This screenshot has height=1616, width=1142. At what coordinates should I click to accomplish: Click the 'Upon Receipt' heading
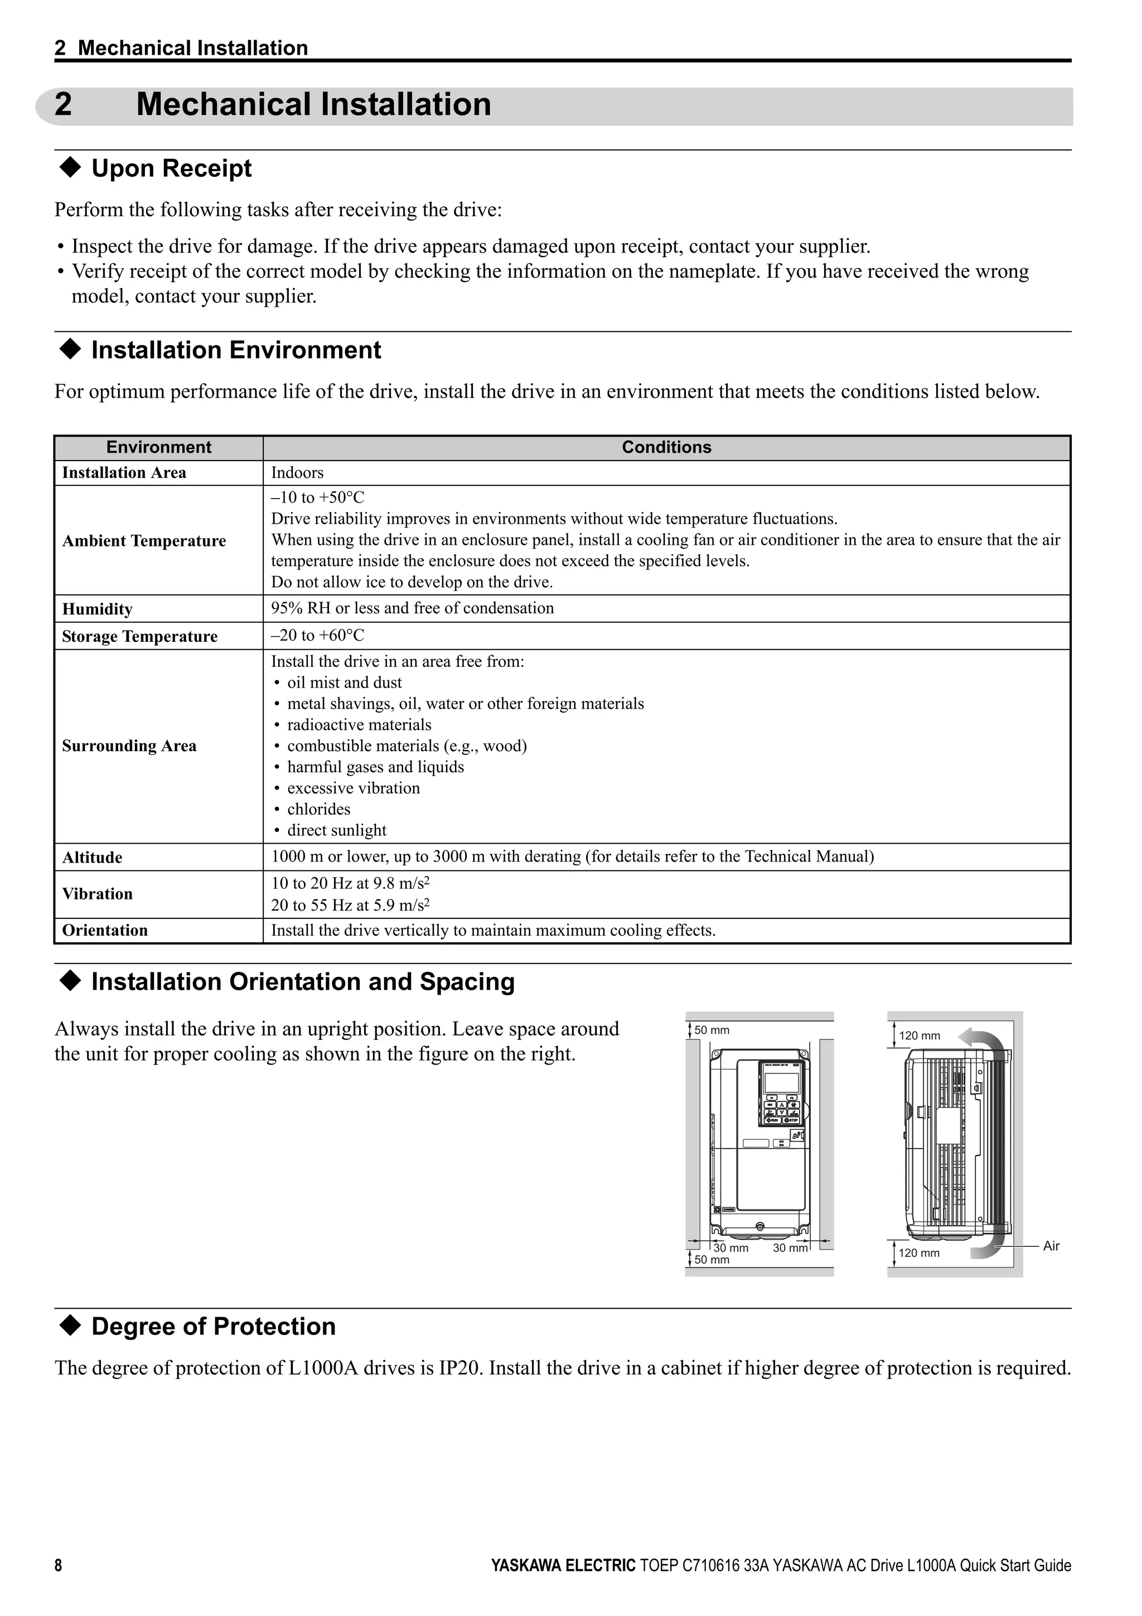171,169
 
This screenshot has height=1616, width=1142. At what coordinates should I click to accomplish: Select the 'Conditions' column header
666,448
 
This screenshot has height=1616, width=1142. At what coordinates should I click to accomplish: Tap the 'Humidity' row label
97,609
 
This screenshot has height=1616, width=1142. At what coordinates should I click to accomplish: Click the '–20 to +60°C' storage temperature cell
318,636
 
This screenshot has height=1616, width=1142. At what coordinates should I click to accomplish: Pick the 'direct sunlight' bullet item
336,830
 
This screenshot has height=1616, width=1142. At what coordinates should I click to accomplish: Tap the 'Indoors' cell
297,473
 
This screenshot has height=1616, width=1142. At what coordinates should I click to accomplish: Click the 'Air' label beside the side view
1051,1246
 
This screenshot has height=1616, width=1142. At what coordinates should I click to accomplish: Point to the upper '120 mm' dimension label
919,1036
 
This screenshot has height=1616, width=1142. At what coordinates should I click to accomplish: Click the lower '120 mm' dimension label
919,1254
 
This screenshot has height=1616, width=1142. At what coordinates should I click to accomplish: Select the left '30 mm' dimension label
730,1249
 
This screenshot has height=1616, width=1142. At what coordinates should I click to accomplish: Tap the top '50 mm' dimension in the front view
712,1030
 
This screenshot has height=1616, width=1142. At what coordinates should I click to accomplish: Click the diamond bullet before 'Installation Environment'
71,350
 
